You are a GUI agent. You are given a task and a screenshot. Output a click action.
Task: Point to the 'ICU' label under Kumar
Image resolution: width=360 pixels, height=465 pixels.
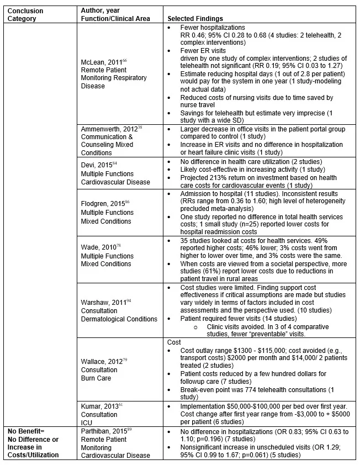click(86, 421)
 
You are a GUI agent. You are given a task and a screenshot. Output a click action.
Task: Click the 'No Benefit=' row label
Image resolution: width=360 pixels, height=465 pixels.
click(26, 430)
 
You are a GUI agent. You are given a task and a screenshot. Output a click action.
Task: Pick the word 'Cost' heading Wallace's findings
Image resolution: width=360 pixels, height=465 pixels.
click(174, 342)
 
